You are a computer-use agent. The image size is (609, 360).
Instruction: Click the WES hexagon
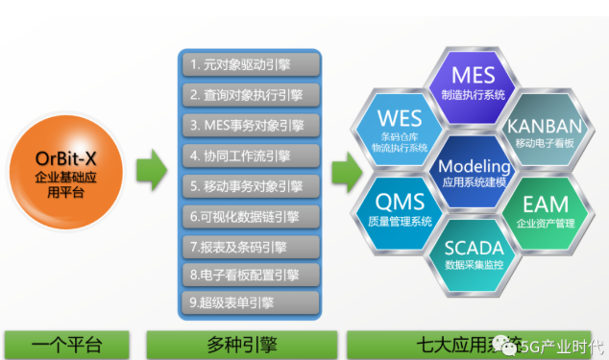click(400, 127)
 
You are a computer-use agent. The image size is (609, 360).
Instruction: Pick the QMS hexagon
click(400, 210)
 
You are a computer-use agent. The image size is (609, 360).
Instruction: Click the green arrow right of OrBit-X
click(149, 174)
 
